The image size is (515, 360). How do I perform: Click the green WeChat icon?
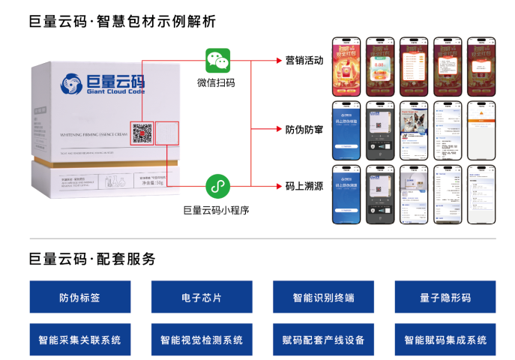click(218, 61)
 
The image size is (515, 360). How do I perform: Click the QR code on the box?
click(142, 133)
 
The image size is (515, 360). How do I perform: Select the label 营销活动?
click(304, 61)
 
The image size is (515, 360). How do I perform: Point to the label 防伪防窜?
click(304, 129)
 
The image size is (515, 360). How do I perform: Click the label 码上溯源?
click(304, 186)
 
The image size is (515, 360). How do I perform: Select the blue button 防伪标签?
click(79, 298)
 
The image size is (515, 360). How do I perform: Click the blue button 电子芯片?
click(201, 298)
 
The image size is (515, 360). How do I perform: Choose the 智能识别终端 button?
click(323, 298)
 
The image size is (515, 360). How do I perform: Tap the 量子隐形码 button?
click(445, 298)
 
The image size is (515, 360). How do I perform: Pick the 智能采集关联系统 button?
click(79, 340)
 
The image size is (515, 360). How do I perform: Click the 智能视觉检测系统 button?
click(201, 340)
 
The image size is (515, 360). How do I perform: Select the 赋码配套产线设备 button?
click(323, 340)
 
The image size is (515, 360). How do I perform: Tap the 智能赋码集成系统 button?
click(445, 340)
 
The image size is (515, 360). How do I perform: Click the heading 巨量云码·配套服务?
click(92, 259)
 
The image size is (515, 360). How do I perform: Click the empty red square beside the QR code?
click(168, 133)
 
